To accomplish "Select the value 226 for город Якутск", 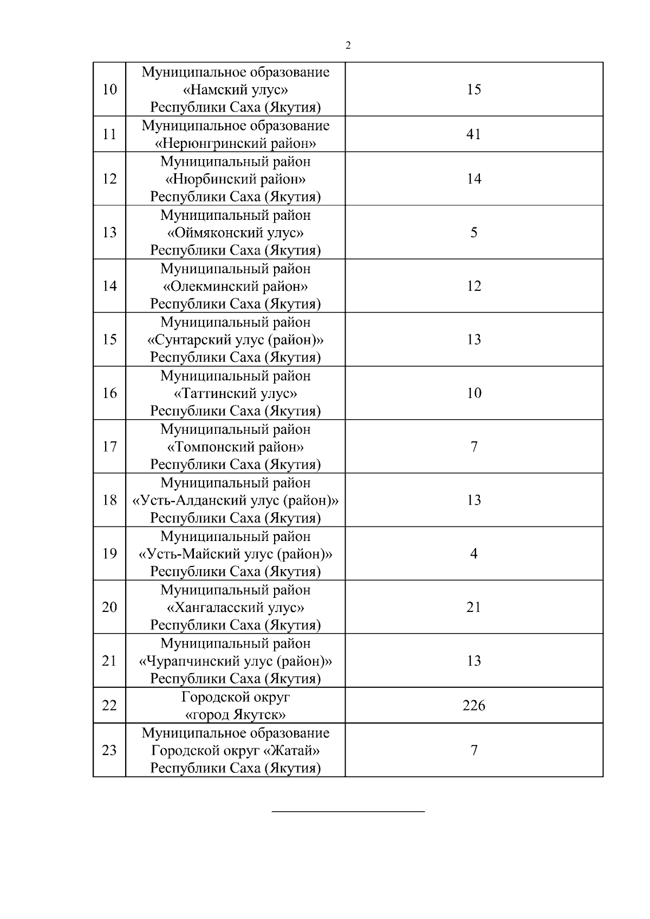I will click(x=474, y=706).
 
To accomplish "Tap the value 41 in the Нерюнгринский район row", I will click(x=474, y=134).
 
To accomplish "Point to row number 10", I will click(x=109, y=89).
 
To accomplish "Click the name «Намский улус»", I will click(x=235, y=90).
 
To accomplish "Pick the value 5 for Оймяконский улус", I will click(x=474, y=232).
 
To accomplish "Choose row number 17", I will click(x=109, y=447).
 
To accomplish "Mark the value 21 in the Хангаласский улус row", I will click(x=474, y=607).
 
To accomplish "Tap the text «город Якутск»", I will click(x=235, y=715).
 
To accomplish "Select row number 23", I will click(x=109, y=751).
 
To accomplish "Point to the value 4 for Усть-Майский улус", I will click(x=474, y=553).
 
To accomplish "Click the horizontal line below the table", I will click(x=348, y=811).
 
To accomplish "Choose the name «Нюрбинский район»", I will click(x=235, y=179).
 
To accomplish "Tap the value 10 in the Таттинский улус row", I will click(x=474, y=393).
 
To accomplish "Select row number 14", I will click(x=109, y=286).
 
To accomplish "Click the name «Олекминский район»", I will click(x=235, y=286).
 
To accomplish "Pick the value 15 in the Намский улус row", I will click(x=474, y=89).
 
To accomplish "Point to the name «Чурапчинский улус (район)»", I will click(x=235, y=661).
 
